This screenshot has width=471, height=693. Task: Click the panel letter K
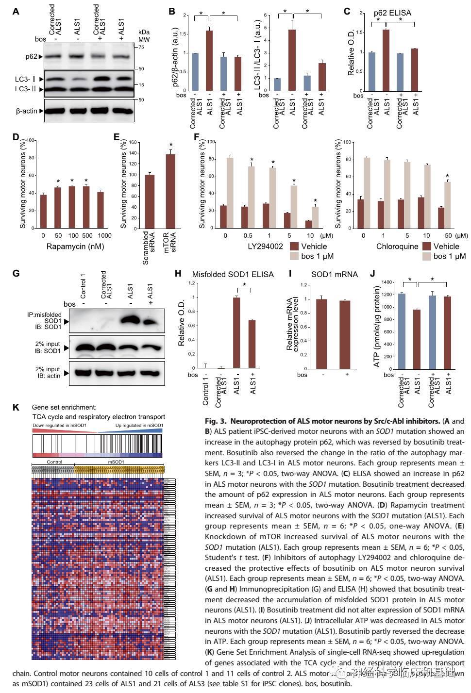16,407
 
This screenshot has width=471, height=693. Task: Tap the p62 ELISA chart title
392,13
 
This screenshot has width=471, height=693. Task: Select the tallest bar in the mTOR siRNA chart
170,191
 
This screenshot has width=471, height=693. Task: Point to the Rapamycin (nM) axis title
75,247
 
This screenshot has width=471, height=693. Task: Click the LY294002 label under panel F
265,246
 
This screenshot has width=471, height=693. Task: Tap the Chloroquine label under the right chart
397,246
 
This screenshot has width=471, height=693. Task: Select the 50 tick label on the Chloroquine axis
448,235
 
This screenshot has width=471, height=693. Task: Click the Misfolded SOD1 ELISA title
233,274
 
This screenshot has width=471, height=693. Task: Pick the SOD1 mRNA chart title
334,274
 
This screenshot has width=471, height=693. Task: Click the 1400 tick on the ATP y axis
387,282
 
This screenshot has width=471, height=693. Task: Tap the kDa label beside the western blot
144,32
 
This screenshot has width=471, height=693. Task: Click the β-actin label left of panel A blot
26,111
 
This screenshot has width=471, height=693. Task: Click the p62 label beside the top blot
31,56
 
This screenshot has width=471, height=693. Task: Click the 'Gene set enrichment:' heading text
64,407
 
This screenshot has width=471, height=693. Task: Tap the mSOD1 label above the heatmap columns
116,462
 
